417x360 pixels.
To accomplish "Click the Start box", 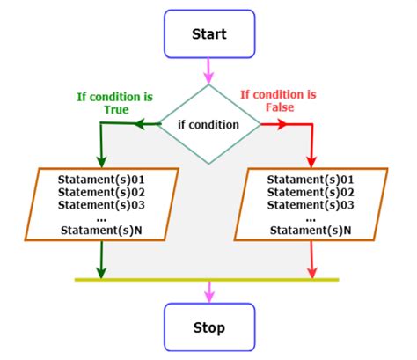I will tap(208, 34).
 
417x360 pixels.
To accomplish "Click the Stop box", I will tap(208, 327).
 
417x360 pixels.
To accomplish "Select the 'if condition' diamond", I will tap(208, 125).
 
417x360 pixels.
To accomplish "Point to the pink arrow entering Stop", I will tap(208, 292).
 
